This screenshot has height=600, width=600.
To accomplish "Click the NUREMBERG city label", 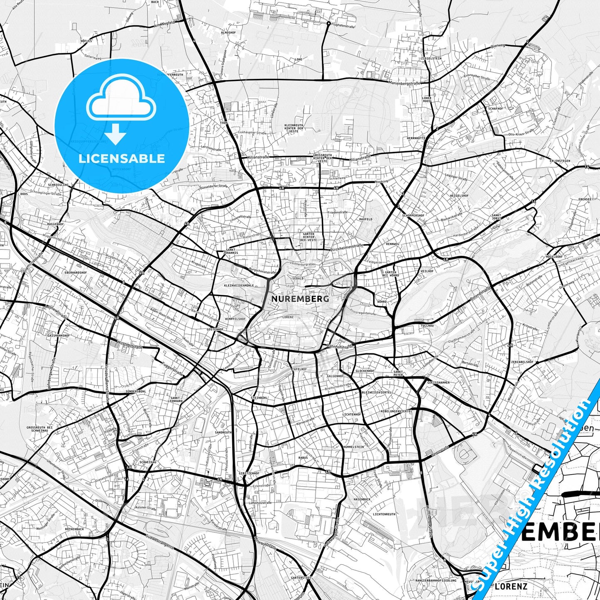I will coord(300,299).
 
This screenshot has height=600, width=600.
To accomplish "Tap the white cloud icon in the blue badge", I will coord(122,99).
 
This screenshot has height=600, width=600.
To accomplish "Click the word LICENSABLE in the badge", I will coord(122,159).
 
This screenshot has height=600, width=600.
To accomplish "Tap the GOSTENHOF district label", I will coord(216,329).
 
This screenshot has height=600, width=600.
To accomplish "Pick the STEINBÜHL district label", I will coord(259,398).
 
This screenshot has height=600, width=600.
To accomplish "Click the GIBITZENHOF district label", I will coord(249,473).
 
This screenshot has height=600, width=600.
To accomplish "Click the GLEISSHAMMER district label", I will coord(438,382).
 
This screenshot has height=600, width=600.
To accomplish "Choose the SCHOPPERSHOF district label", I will coord(413,216).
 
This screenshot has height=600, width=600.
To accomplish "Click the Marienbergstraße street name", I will coord(404,83).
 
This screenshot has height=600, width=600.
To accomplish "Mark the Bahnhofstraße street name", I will coord(340,345).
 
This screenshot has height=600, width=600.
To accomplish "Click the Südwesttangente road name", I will coord(160,541).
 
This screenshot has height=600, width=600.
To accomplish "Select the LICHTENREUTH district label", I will coord(384,514).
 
